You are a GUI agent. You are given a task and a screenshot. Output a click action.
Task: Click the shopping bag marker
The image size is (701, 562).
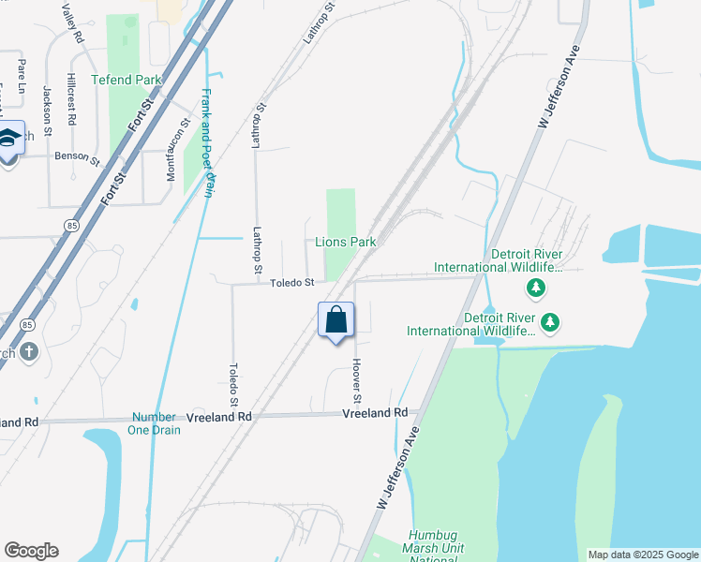336,321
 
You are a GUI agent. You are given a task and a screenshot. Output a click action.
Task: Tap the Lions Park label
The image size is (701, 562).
345,242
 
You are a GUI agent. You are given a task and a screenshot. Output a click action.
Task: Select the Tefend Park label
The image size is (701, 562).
127,81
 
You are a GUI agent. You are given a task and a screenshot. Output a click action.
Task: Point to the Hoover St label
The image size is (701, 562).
357,377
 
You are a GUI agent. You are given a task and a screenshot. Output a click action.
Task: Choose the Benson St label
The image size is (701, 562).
77,157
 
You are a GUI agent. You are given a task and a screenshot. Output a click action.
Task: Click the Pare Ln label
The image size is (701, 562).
22,76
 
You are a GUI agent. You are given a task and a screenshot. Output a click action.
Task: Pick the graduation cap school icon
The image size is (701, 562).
9,139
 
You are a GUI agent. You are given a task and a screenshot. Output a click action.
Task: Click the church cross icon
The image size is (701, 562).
29,352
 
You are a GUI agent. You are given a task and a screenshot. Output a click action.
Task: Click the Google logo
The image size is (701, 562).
31,551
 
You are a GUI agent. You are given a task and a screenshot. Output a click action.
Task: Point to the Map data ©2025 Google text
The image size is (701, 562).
643,555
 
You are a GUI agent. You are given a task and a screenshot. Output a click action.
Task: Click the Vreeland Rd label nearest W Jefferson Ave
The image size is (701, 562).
375,413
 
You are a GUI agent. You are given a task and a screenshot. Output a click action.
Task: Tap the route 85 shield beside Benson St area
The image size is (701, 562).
71,226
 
